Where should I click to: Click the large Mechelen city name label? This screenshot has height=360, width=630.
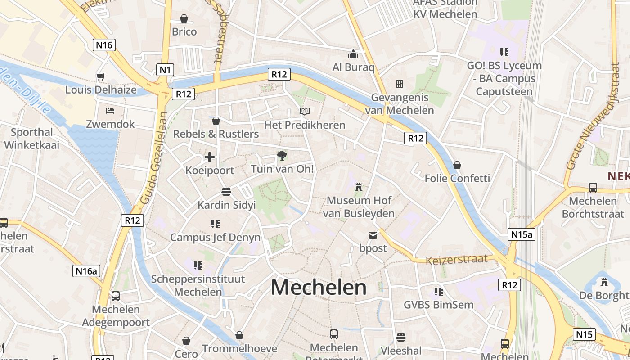[x=319, y=287]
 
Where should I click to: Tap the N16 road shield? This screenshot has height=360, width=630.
[x=104, y=45]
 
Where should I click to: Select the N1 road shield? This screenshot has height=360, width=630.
[x=165, y=69]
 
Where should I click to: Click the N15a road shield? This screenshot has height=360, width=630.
[x=522, y=234]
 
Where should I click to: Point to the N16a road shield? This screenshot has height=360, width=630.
[x=86, y=270]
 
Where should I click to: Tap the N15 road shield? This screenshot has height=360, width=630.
[x=584, y=334]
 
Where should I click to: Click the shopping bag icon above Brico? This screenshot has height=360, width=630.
[x=184, y=18]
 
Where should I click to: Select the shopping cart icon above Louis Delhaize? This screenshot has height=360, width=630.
[x=100, y=76]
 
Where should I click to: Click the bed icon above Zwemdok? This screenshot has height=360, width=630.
[x=110, y=110]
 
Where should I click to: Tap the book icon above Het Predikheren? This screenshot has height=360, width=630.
[x=305, y=111]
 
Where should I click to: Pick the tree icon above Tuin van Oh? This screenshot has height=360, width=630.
[x=282, y=156]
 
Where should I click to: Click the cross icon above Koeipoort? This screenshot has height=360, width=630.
[x=210, y=157]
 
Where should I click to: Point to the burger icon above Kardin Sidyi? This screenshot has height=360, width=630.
[x=226, y=192]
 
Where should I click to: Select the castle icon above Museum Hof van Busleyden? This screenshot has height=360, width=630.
[x=359, y=187]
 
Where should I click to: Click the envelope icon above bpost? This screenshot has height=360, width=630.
[x=373, y=235]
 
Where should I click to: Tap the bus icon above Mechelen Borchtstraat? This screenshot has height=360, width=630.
[x=593, y=188]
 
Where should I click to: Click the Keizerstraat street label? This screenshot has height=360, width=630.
[x=457, y=260]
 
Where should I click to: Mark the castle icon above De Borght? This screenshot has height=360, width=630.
[x=604, y=282]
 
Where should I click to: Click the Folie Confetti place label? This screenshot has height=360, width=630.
[x=457, y=178]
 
